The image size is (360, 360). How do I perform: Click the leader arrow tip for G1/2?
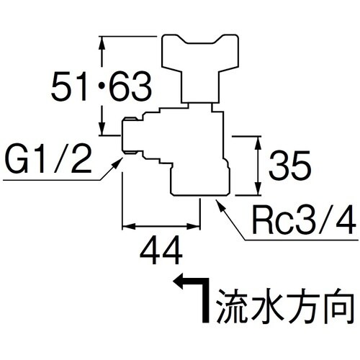[122, 161]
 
